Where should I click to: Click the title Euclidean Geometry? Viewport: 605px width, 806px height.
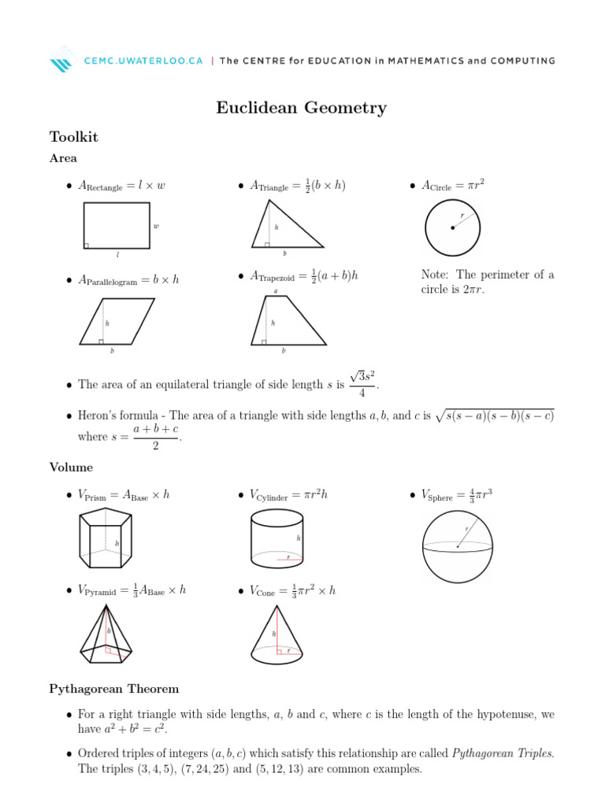302,108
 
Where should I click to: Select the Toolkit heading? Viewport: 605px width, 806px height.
73,137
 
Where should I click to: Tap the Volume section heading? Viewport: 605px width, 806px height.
71,468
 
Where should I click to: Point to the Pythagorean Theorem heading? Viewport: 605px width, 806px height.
113,689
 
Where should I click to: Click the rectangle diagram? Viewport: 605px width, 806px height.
117,225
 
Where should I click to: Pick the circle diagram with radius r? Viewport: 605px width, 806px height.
452,227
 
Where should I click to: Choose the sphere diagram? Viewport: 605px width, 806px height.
458,544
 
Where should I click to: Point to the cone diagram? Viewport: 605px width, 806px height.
277,634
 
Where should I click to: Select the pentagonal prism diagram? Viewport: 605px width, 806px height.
106,539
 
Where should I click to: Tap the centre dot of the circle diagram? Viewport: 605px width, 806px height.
452,228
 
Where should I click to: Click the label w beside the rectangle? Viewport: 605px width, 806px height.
156,226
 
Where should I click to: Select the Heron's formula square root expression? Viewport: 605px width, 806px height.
495,416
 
